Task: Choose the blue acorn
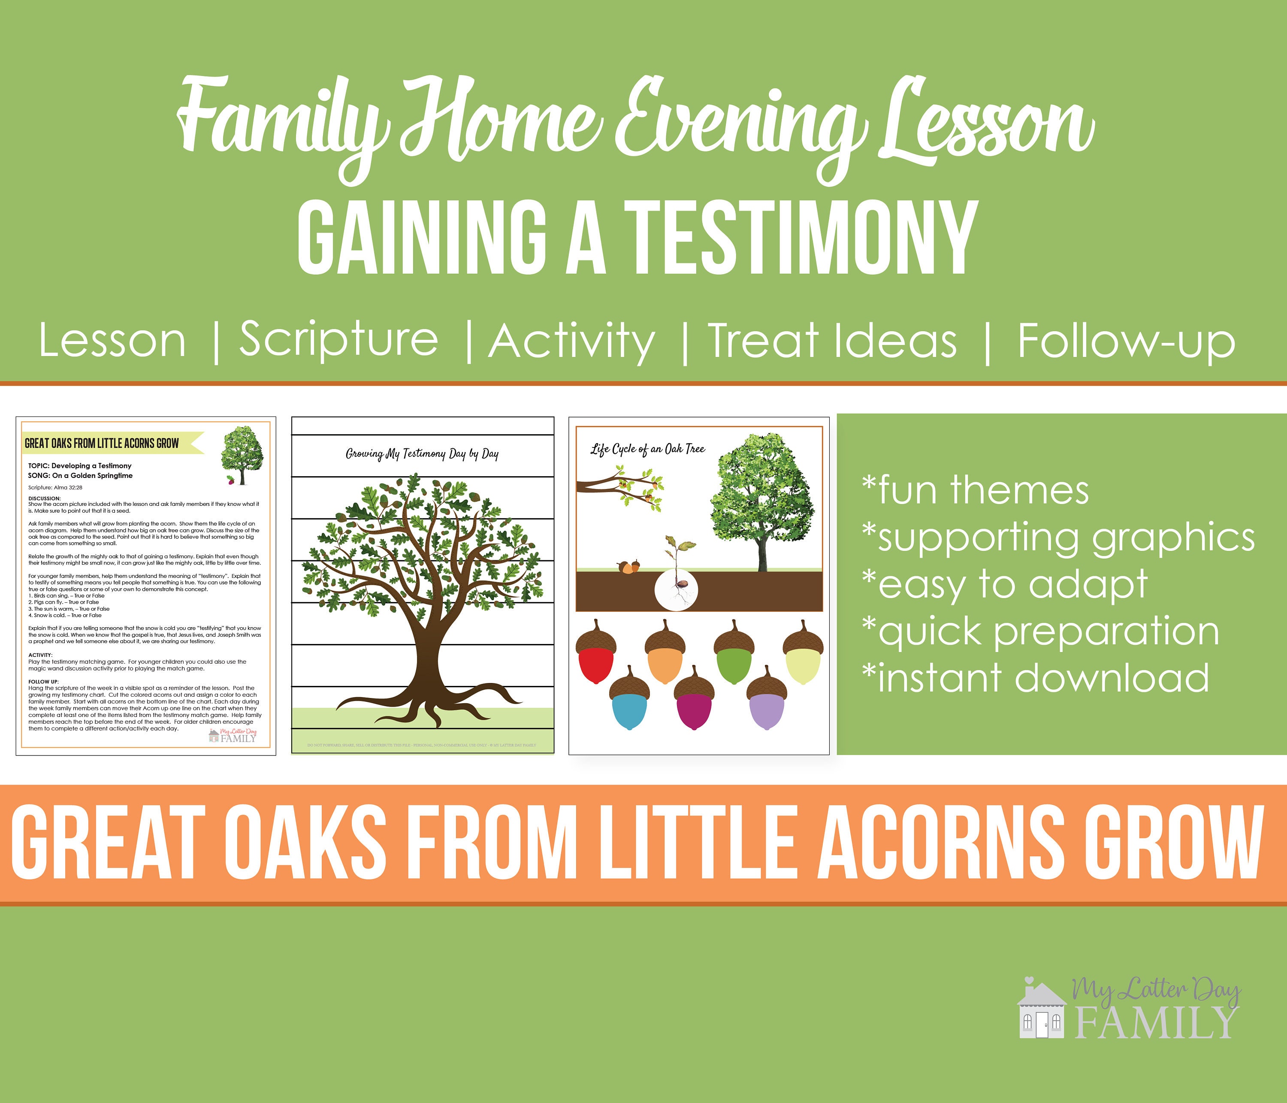(630, 699)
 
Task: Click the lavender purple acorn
(767, 699)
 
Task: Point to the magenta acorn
(695, 699)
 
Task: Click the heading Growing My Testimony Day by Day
(423, 454)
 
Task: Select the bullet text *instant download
(1036, 678)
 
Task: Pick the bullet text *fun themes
(975, 491)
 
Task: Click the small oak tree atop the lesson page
(242, 455)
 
